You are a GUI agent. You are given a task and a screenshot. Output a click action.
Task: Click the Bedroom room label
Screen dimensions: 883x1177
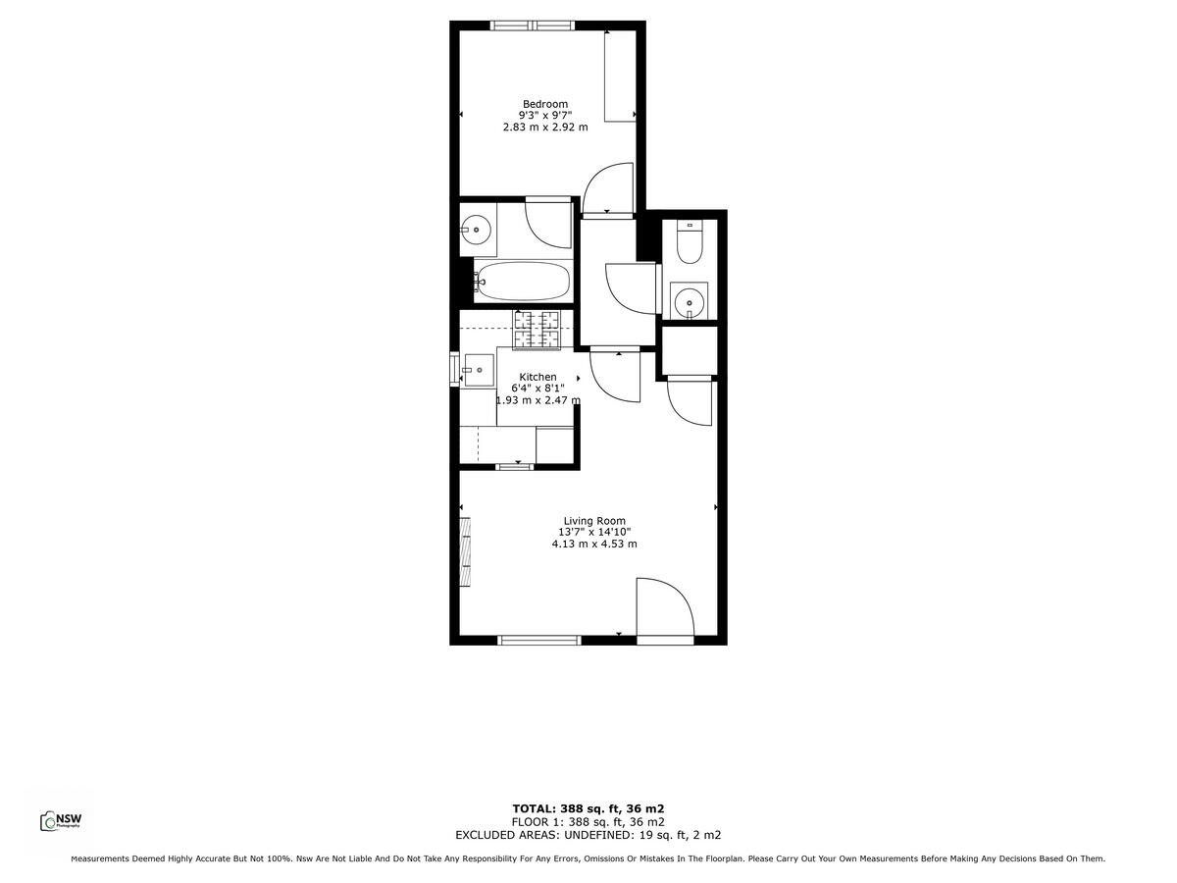544,104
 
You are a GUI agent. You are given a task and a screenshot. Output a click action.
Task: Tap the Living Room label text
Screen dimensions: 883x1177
593,521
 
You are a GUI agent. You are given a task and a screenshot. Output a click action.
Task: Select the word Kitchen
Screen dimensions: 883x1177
537,377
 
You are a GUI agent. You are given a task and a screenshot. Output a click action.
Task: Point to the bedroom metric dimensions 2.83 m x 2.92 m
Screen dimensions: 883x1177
544,127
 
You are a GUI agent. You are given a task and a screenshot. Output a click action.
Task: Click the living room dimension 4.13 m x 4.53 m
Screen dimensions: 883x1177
593,544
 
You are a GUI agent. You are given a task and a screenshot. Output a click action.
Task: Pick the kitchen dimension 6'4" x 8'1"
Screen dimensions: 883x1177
537,389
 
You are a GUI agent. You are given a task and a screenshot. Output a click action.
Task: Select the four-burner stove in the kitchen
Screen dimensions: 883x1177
536,329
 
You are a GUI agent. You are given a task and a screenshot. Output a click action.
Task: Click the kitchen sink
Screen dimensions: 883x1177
479,370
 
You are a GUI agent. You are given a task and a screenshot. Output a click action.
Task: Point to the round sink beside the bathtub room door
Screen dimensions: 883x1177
477,231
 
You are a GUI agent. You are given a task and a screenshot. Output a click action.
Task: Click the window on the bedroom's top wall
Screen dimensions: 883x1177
533,26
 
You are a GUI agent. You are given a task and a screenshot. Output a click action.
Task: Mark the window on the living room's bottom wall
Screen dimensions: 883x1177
539,641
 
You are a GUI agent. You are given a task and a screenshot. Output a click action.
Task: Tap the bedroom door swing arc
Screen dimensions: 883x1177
604,188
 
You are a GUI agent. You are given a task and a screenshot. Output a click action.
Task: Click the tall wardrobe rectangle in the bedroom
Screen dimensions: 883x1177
620,77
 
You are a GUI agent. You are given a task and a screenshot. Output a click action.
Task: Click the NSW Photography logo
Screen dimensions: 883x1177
60,821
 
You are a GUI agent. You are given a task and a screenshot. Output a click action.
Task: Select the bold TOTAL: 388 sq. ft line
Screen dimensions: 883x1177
588,807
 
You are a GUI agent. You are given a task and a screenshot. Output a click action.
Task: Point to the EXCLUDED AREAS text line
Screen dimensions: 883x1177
588,835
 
